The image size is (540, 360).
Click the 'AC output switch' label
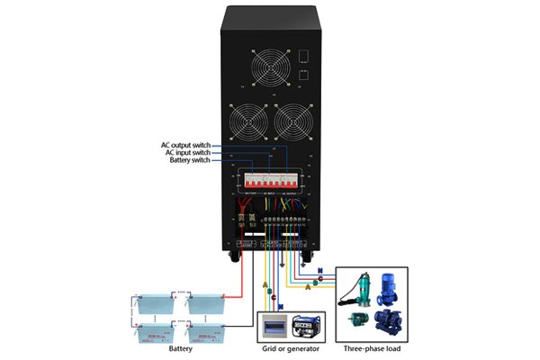pyautogui.click(x=185, y=144)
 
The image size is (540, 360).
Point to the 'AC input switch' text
pyautogui.click(x=187, y=152)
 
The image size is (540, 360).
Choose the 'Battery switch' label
pyautogui.click(x=189, y=160)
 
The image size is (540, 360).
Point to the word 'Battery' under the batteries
pyautogui.click(x=181, y=348)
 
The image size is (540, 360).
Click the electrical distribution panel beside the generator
pyautogui.click(x=274, y=326)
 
